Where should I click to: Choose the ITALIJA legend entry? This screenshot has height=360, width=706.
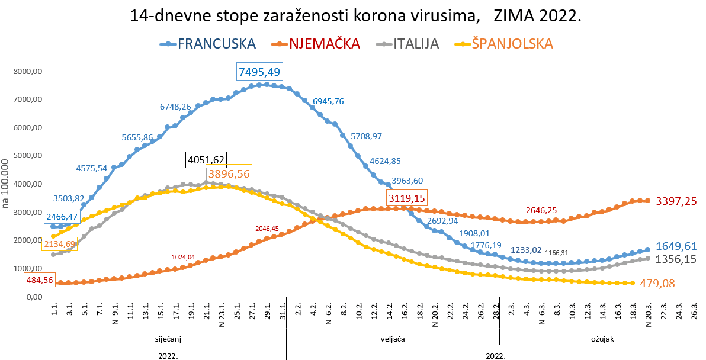tap(416, 44)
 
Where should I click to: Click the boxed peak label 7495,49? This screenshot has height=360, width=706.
tap(259, 72)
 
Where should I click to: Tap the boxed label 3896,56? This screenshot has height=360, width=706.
tap(228, 175)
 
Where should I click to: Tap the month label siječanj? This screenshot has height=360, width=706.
tap(168, 340)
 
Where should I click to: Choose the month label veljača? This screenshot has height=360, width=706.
tap(393, 340)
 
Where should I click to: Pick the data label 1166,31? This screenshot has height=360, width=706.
tap(560, 253)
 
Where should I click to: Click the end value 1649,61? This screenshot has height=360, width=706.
tap(676, 246)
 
